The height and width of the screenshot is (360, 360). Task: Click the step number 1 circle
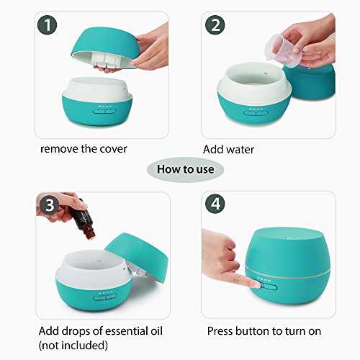tap(48, 25)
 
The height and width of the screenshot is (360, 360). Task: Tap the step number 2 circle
tap(215, 25)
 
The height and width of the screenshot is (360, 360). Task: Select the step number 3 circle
tap(50, 205)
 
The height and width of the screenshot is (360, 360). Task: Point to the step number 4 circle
tap(215, 204)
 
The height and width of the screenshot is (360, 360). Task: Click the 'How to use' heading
tap(185, 169)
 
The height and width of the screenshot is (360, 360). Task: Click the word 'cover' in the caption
tap(113, 149)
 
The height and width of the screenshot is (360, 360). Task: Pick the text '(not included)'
tap(73, 346)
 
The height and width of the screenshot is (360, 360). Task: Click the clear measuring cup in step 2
tap(283, 50)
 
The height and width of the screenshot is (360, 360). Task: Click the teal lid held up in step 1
tap(106, 45)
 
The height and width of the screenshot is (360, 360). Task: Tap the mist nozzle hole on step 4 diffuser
tap(289, 237)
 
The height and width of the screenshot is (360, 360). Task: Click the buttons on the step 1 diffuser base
tap(104, 111)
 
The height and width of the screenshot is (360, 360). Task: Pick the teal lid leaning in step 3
tap(137, 257)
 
